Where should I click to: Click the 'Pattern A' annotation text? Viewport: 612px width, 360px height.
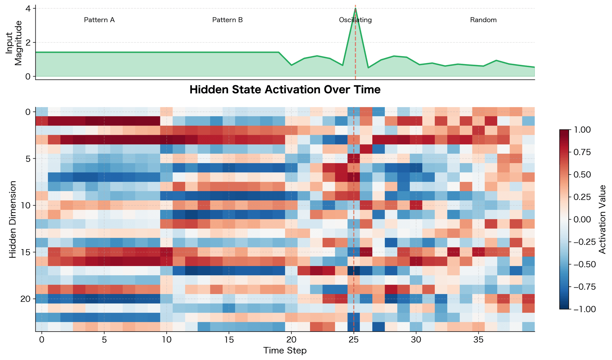(x=99, y=20)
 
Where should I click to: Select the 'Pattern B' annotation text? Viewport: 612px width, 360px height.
(x=227, y=20)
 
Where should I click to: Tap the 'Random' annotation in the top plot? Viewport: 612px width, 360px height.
(x=483, y=20)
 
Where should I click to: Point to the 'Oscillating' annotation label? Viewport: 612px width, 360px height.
(x=355, y=20)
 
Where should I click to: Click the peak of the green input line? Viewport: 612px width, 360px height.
(x=355, y=9)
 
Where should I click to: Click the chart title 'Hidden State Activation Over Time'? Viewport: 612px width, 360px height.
(x=285, y=90)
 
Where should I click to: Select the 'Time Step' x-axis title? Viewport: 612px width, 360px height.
(x=285, y=350)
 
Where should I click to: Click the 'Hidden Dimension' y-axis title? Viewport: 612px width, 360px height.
(x=12, y=220)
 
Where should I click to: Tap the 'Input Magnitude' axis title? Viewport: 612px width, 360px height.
(x=14, y=43)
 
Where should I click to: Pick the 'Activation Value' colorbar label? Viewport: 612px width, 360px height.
(x=602, y=220)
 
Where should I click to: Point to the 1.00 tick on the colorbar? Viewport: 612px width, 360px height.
(x=582, y=130)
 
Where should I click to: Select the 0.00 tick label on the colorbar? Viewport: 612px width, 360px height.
(x=582, y=219)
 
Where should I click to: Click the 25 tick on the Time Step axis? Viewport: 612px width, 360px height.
(x=353, y=340)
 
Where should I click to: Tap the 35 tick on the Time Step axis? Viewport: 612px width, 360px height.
(x=478, y=340)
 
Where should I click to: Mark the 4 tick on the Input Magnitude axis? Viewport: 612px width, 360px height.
(x=29, y=9)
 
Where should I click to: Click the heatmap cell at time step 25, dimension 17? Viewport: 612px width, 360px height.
(x=353, y=271)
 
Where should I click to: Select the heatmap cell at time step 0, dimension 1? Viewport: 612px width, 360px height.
(x=42, y=121)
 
